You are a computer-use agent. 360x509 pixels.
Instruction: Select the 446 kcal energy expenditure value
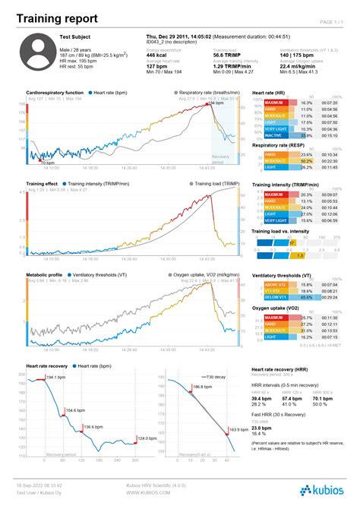156,55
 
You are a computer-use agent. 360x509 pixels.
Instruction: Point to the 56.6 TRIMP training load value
229,55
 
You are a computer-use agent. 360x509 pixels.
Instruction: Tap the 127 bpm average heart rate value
156,66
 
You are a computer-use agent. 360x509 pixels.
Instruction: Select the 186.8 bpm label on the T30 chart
203,387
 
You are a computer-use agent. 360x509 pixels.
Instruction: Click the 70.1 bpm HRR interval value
322,398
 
